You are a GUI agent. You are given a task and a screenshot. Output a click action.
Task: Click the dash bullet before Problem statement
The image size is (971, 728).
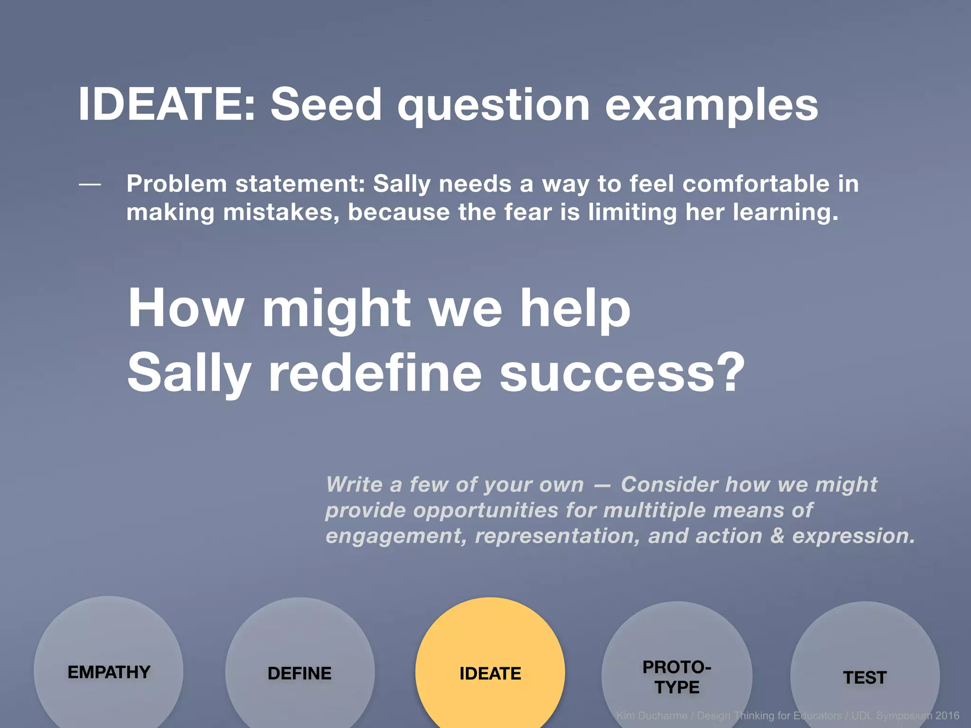90,184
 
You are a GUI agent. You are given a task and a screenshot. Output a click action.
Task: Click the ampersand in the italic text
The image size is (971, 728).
777,536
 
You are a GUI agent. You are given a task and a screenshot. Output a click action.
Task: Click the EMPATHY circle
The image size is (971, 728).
109,672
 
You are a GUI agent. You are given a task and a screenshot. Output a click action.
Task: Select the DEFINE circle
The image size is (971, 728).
299,673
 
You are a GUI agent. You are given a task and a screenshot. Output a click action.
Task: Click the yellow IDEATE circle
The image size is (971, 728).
490,673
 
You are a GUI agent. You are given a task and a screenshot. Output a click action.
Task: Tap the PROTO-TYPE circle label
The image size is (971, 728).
677,677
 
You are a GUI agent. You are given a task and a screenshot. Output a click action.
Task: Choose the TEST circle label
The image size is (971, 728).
864,678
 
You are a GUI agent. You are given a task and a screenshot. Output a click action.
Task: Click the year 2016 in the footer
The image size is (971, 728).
947,716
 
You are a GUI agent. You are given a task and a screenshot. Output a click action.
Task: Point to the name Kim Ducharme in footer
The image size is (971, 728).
651,716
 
